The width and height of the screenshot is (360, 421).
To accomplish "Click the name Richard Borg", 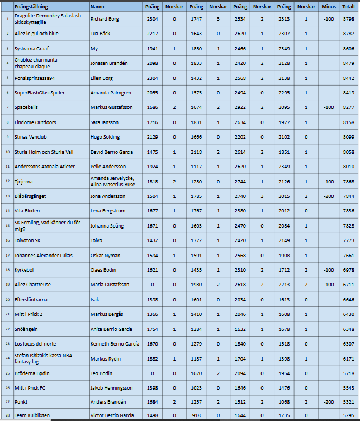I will click(x=105, y=19).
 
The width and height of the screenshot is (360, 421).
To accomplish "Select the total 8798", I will click(x=348, y=19).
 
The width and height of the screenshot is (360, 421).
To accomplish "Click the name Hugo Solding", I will click(x=105, y=136).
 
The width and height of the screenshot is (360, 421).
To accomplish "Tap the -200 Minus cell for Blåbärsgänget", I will click(x=329, y=195).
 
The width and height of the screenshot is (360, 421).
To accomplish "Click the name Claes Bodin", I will click(x=103, y=269).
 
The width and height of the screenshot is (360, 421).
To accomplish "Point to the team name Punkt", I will click(x=21, y=401).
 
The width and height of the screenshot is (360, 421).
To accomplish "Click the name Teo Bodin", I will click(x=101, y=373).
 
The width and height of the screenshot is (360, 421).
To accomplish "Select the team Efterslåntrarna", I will click(x=31, y=299).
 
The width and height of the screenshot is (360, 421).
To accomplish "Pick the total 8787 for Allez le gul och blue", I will click(x=348, y=34).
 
